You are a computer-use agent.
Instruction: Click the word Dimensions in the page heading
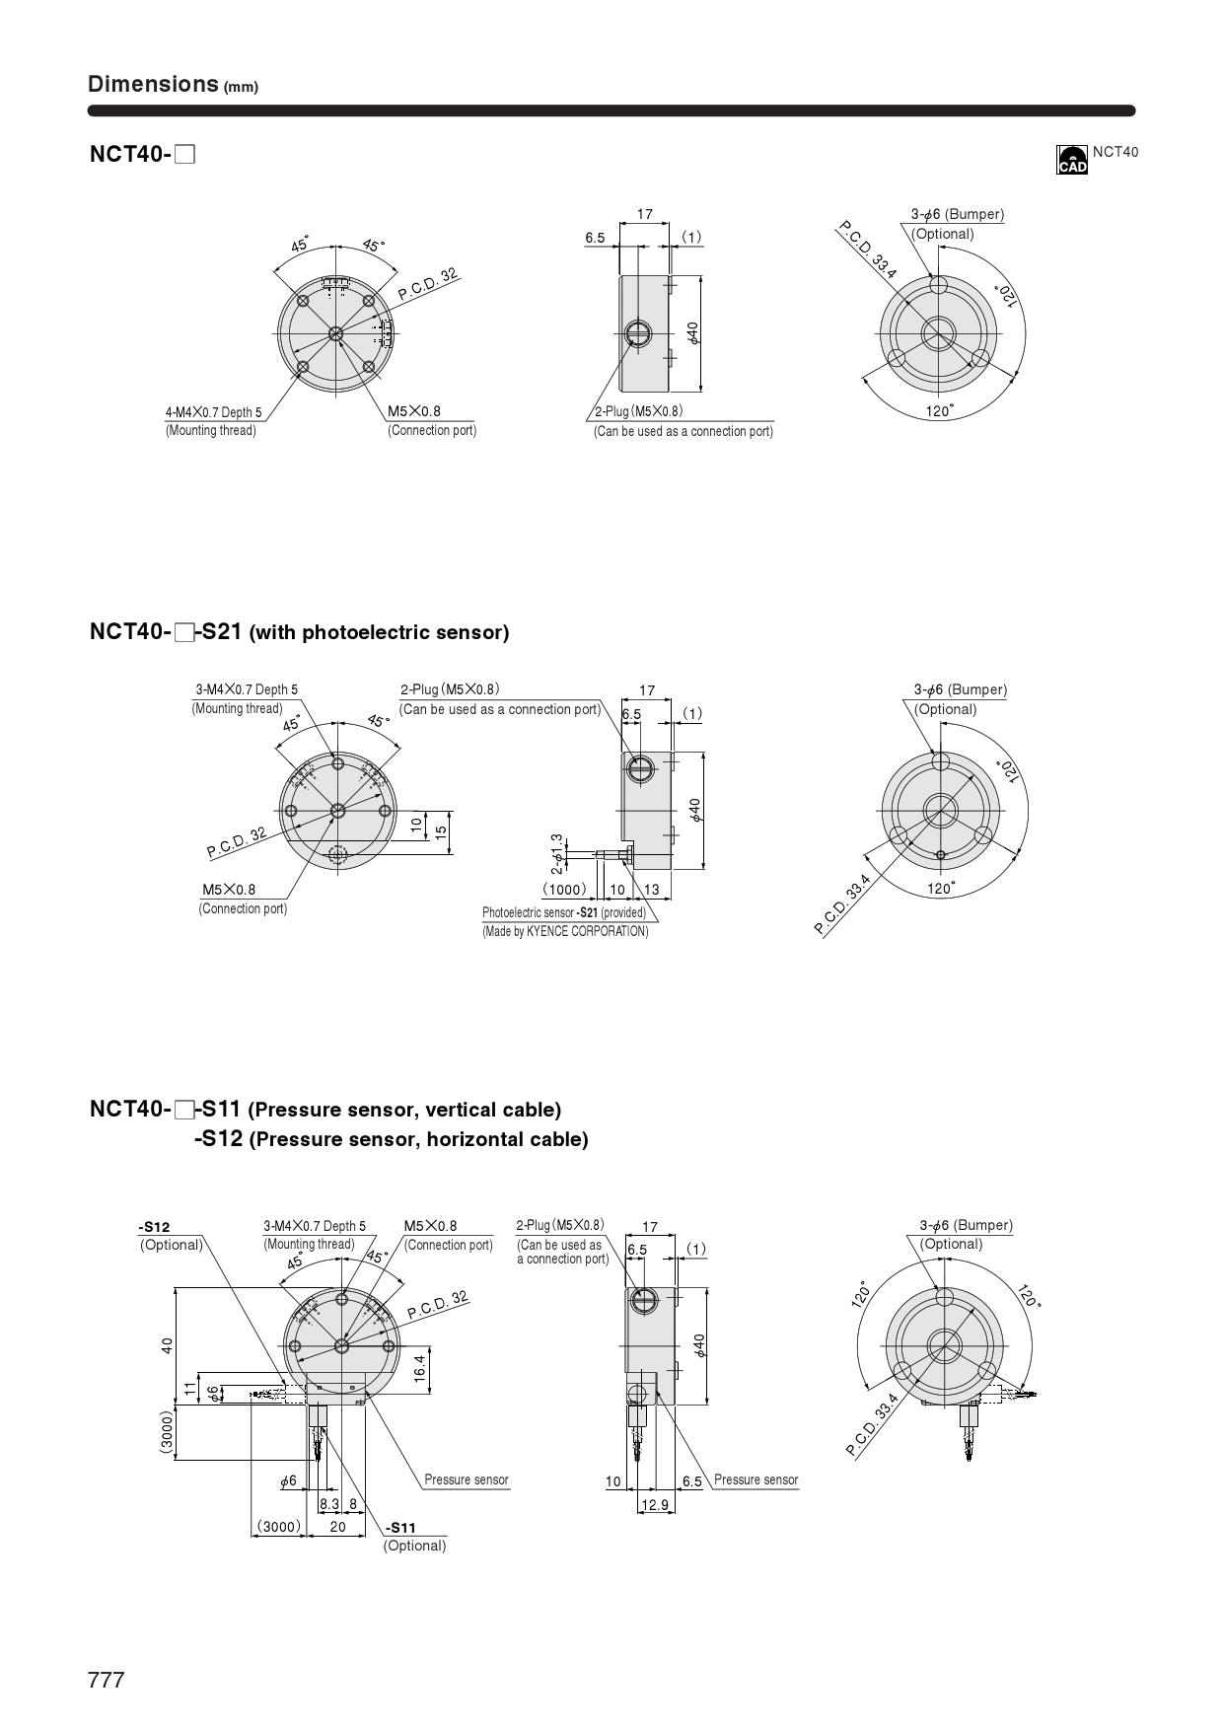(153, 84)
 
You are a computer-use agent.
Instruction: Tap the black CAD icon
(1071, 160)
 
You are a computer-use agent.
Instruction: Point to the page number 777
(107, 1681)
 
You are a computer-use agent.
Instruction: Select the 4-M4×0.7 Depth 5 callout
(214, 412)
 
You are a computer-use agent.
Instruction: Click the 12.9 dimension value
(654, 1504)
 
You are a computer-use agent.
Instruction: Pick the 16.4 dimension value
(419, 1367)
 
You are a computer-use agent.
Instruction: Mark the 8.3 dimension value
(328, 1504)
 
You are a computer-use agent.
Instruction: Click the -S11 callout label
(400, 1528)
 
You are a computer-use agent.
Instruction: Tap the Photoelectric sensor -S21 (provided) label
(564, 912)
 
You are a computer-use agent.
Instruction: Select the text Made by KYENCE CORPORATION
(566, 931)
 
